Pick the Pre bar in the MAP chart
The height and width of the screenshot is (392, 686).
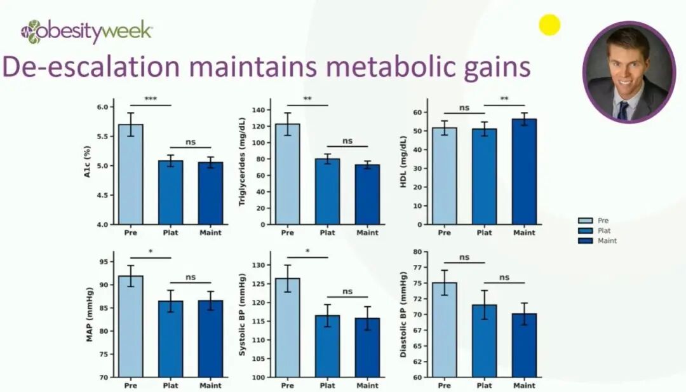130,327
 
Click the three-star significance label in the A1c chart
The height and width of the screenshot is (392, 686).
151,99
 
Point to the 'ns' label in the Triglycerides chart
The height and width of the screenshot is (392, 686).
347,141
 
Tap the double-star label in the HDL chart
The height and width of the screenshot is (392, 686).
504,99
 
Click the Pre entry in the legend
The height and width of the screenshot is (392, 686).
603,220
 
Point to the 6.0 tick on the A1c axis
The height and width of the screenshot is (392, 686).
102,107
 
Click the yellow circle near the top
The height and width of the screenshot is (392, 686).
549,25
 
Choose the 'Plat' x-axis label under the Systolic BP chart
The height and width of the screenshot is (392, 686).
327,386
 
